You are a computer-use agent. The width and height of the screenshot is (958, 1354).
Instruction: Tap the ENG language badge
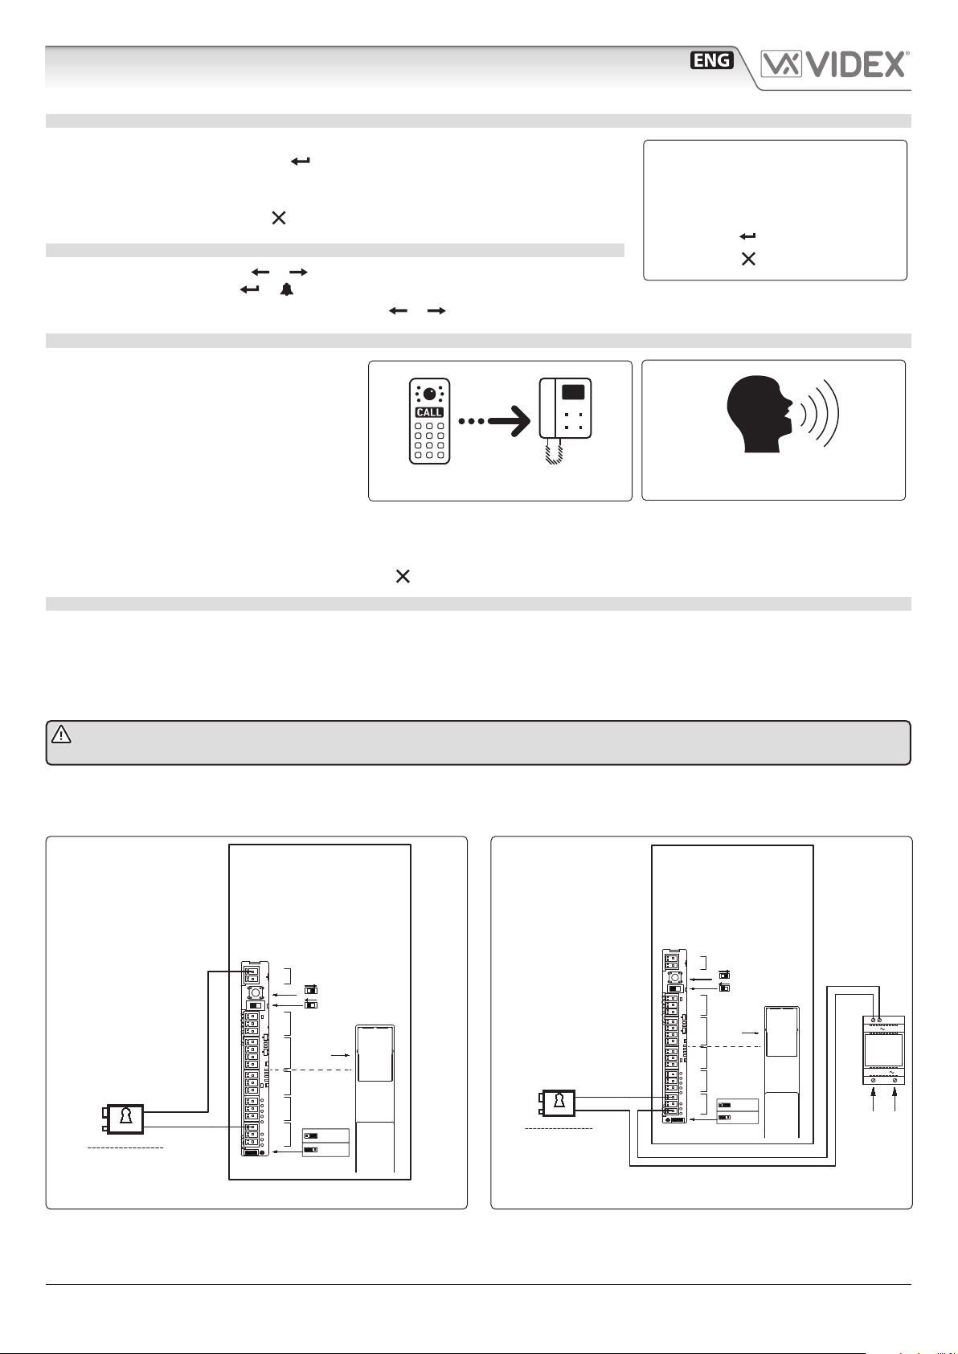pos(712,60)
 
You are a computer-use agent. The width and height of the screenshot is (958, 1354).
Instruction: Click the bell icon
pos(286,289)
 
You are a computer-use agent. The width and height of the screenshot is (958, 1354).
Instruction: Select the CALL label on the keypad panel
pos(429,412)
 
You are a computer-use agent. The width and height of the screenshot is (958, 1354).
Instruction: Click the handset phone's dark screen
pos(573,393)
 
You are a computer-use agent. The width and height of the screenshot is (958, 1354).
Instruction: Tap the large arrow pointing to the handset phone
pos(494,420)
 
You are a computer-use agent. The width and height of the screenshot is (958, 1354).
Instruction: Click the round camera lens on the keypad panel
pos(430,394)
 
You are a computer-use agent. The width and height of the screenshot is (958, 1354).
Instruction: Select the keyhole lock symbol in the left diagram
pos(125,1119)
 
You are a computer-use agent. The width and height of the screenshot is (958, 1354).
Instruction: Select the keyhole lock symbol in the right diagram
pos(559,1102)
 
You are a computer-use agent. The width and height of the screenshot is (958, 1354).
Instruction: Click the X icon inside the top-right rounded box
pos(748,260)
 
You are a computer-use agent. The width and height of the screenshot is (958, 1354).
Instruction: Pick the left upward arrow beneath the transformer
pos(874,1098)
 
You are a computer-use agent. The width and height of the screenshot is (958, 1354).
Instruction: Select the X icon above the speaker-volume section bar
pos(403,576)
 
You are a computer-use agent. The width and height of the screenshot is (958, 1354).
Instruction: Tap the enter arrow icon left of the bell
pos(250,289)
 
